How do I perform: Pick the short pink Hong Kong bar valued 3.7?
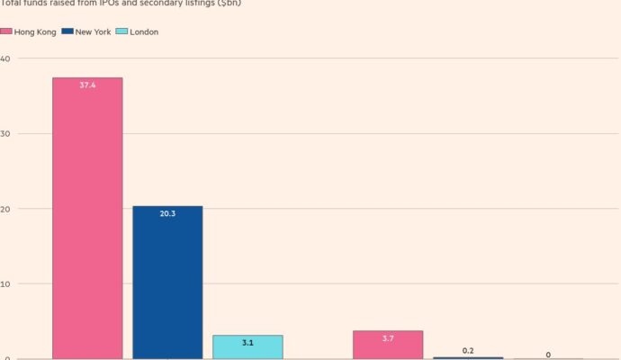[388, 346]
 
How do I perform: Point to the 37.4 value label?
[87, 85]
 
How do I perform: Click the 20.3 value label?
[167, 214]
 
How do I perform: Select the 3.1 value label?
[247, 343]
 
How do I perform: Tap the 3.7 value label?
[388, 338]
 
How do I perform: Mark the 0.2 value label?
[468, 349]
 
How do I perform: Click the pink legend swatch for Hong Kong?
[6, 32]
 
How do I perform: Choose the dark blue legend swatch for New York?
[68, 32]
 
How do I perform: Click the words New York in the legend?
[94, 32]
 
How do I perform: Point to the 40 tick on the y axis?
[5, 58]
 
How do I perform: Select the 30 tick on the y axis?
[5, 134]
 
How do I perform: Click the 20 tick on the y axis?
[5, 209]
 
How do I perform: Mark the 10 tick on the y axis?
[5, 284]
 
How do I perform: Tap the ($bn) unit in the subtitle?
[229, 4]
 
